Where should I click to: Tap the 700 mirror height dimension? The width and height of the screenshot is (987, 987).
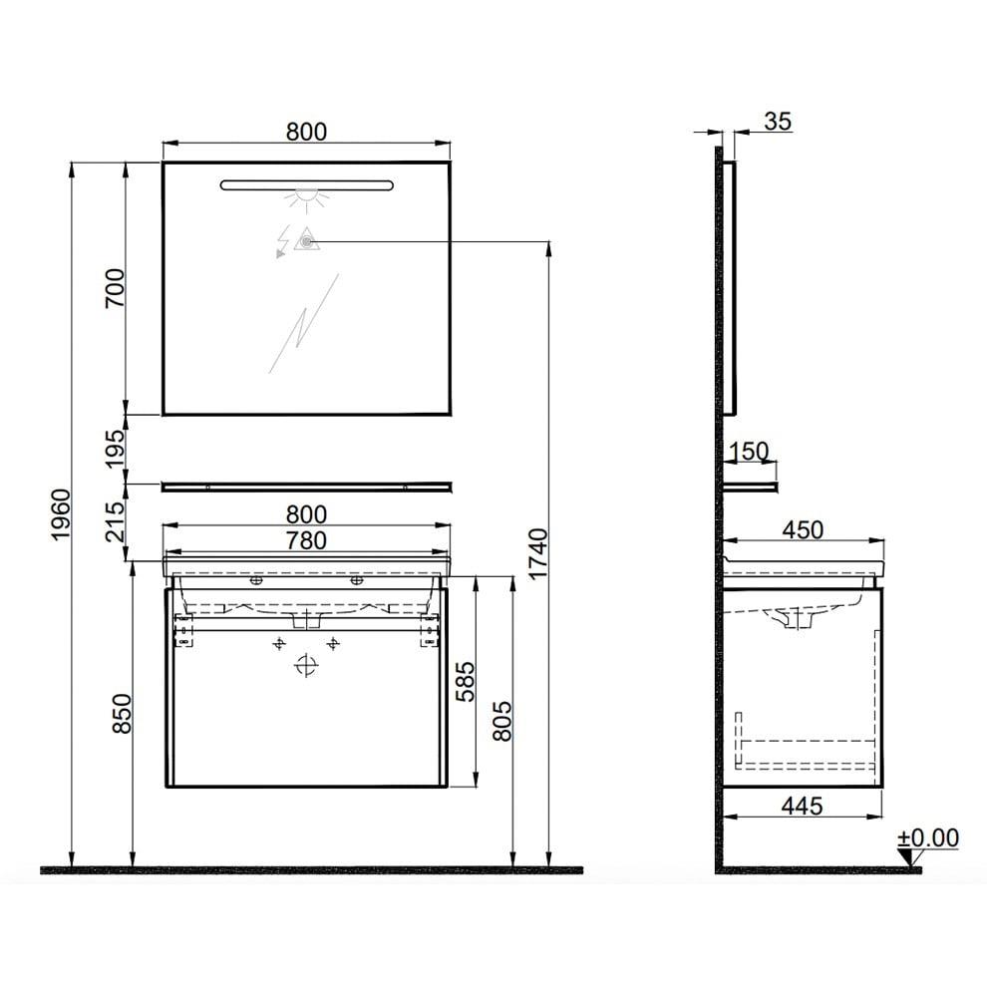[116, 288]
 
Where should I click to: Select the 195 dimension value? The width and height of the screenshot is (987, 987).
[116, 449]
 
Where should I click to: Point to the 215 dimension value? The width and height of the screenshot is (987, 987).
[116, 521]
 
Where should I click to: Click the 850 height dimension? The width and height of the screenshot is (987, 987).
[122, 713]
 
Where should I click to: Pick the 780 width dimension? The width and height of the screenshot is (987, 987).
[306, 540]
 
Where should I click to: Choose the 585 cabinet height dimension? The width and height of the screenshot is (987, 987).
[466, 682]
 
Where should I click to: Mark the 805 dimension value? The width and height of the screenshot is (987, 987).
[502, 721]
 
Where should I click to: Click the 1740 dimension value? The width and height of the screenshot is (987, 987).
[538, 554]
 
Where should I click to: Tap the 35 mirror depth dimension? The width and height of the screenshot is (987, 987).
[778, 121]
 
